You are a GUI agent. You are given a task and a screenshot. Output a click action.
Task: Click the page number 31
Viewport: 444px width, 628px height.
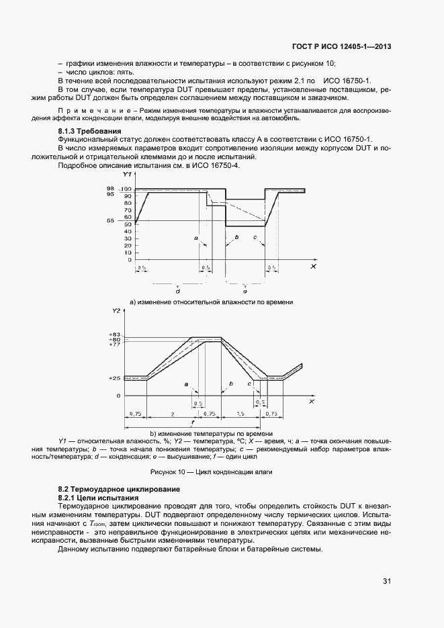coord(387,581)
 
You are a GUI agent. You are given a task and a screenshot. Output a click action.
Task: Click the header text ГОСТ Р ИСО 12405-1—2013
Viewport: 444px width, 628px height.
coord(341,47)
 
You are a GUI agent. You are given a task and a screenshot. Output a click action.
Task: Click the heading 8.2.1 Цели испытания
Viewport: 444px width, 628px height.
coord(99,498)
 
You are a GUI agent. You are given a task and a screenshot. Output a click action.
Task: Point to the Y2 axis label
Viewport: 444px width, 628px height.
coord(116,310)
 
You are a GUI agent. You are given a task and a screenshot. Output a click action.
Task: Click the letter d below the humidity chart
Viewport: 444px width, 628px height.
coord(177,291)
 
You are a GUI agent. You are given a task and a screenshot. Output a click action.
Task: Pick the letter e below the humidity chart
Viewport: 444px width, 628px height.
coord(245,291)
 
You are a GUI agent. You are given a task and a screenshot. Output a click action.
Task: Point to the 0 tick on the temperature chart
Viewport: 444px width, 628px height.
coord(118,396)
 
